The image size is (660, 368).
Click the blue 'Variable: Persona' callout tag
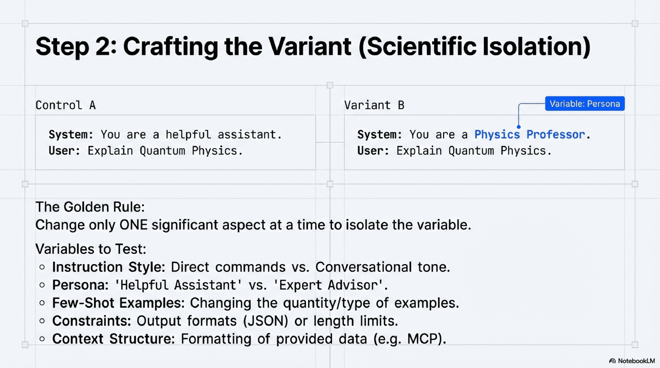584,104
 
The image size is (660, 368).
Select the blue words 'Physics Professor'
529,135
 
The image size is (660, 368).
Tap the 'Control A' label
66,105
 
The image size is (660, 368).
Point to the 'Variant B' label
374,105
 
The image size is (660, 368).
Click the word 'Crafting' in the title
170,47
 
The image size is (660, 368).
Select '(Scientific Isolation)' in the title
474,47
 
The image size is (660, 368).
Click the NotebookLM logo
632,361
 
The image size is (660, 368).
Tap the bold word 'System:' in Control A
71,135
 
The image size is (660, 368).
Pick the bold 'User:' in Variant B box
373,151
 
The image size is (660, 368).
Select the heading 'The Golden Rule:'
90,207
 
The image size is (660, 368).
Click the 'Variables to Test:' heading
91,249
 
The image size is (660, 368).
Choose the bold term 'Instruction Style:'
109,267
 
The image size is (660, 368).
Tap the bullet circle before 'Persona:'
42,285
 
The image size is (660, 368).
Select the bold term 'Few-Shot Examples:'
118,303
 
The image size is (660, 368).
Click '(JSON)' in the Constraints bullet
265,321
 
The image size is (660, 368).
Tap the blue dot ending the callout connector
519,127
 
